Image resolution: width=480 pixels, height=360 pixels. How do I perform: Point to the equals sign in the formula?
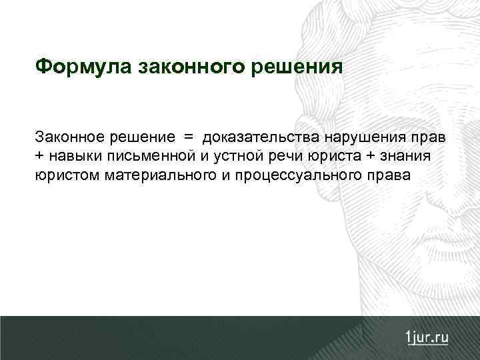(x=188, y=137)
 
